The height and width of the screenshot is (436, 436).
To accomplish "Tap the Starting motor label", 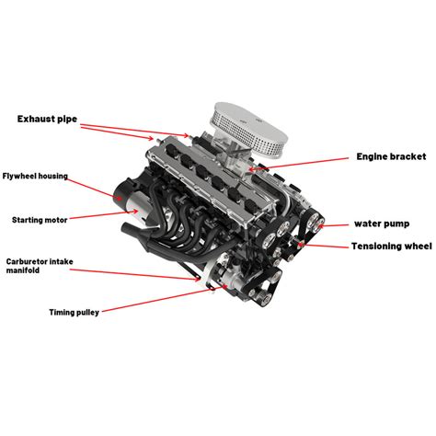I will pos(40,220).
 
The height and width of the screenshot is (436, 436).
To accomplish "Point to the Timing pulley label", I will pos(74,312).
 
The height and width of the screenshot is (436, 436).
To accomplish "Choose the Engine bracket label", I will pos(367,156).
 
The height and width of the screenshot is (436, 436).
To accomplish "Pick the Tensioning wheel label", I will pos(389,246).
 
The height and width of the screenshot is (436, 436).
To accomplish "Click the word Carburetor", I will pos(27,261).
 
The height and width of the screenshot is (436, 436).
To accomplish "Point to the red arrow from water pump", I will pos(335,224).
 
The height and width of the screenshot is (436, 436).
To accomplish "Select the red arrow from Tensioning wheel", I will pos(327,246).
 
